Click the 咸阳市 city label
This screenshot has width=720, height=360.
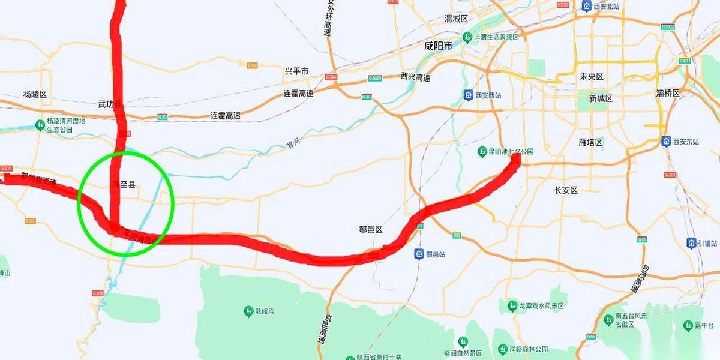tap(438, 46)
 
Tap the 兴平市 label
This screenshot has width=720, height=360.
tap(296, 71)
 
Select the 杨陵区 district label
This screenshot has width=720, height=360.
tap(35, 94)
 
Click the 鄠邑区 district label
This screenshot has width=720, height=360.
tap(370, 230)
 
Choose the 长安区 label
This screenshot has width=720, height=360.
tap(566, 190)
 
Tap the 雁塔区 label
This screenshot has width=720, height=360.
tap(590, 142)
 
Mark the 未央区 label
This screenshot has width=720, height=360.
tap(591, 76)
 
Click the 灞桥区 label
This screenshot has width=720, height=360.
tap(668, 93)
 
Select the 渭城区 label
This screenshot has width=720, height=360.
tap(456, 19)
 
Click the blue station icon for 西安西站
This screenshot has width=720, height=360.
tap(467, 95)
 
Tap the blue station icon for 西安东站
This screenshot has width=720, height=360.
tap(665, 141)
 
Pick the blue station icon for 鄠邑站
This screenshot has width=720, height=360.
tap(419, 254)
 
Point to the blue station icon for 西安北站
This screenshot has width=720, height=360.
tap(587, 6)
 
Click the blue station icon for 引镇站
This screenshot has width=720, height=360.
tap(692, 242)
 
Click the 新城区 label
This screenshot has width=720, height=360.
tap(601, 98)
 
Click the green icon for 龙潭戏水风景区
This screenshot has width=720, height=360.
tap(512, 305)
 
